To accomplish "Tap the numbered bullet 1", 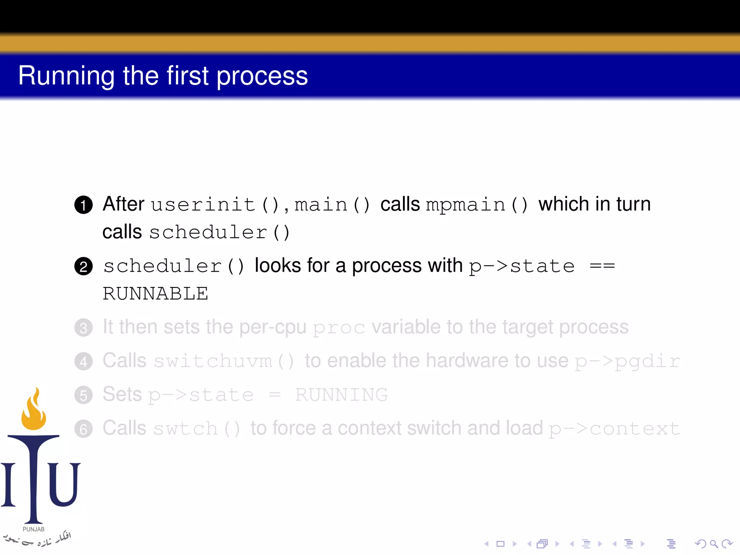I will tap(83, 205).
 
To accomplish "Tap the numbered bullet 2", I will tap(83, 267).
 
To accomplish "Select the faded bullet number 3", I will tap(83, 328).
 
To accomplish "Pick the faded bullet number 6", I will tap(83, 429).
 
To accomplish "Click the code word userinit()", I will tap(215, 205).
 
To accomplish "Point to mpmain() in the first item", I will tap(477, 205).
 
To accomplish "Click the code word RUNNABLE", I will tap(155, 293).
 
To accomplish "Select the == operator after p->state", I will tap(602, 267).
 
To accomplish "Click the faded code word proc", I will tap(339, 328).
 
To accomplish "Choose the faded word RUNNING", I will tap(341, 395).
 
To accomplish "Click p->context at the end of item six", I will tap(614, 429).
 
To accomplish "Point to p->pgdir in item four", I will tap(627, 361).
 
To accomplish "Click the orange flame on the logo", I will tap(34, 412).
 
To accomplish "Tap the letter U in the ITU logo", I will tap(64, 484).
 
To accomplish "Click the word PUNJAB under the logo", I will tap(34, 529).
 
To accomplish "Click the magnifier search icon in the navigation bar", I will tap(714, 544).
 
